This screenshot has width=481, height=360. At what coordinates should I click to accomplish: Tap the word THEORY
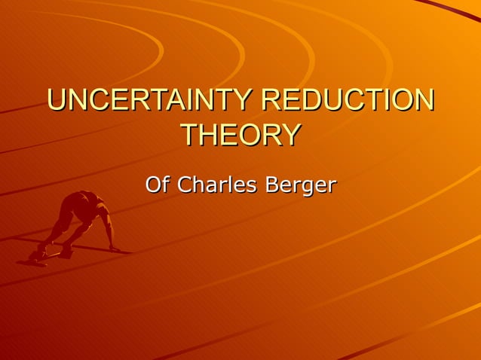tap(240, 135)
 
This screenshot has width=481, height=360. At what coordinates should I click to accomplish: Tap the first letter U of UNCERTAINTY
tap(57, 101)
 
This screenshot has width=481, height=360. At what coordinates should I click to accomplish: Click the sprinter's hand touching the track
tap(115, 249)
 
